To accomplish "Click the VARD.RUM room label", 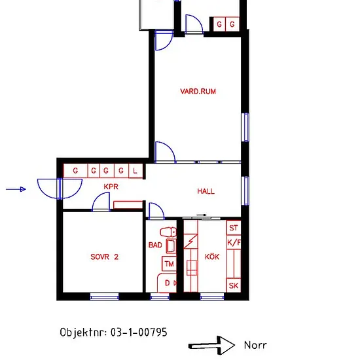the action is pos(198,92).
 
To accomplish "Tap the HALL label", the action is pos(206,191).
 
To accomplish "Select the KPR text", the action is pos(111,187).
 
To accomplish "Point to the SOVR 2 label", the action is pos(105,257).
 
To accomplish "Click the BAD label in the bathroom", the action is pos(155,245).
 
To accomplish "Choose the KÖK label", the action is pos(212,257).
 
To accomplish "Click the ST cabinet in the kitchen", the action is pos(234,228).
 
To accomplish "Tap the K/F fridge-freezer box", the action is pos(234,242).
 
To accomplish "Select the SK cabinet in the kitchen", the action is pos(234,285).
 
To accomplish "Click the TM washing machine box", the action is pos(170,264).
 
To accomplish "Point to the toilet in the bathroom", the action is pos(168,232).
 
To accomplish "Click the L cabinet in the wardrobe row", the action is pos(135,171).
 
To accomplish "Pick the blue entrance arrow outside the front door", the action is pos(16,189).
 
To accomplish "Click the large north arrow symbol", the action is pos(211,345).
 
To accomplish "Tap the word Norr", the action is pos(255,345).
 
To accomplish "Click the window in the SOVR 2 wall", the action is pos(105,297).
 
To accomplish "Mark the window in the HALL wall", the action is pos(245,190).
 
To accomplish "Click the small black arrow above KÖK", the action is pos(202,215).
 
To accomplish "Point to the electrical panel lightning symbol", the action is pos(190,241).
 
